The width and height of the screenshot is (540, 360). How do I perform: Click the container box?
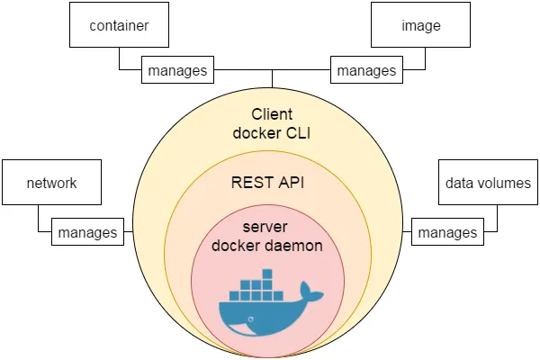click(119, 25)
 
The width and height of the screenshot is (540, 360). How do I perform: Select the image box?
click(420, 25)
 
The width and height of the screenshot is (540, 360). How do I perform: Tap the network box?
click(51, 182)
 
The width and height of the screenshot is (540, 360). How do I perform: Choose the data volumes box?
click(488, 182)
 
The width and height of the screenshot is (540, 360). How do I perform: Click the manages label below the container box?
click(177, 70)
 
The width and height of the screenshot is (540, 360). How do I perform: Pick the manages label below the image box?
click(366, 70)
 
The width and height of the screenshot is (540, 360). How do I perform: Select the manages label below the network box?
click(87, 232)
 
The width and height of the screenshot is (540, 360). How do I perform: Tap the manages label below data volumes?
click(447, 232)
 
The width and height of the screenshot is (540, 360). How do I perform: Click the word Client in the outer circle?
click(272, 114)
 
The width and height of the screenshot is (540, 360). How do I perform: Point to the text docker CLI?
click(272, 133)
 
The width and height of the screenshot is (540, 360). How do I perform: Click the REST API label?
click(267, 182)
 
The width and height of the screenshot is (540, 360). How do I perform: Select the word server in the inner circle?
click(265, 227)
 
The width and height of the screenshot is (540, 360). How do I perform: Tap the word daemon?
click(293, 246)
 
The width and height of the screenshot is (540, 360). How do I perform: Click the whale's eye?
click(251, 319)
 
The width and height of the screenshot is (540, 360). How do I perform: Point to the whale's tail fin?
click(310, 292)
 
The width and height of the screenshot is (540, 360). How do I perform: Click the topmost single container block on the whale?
click(267, 274)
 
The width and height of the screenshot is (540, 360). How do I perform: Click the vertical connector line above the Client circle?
click(272, 79)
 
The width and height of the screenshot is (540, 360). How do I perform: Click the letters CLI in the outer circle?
click(298, 133)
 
